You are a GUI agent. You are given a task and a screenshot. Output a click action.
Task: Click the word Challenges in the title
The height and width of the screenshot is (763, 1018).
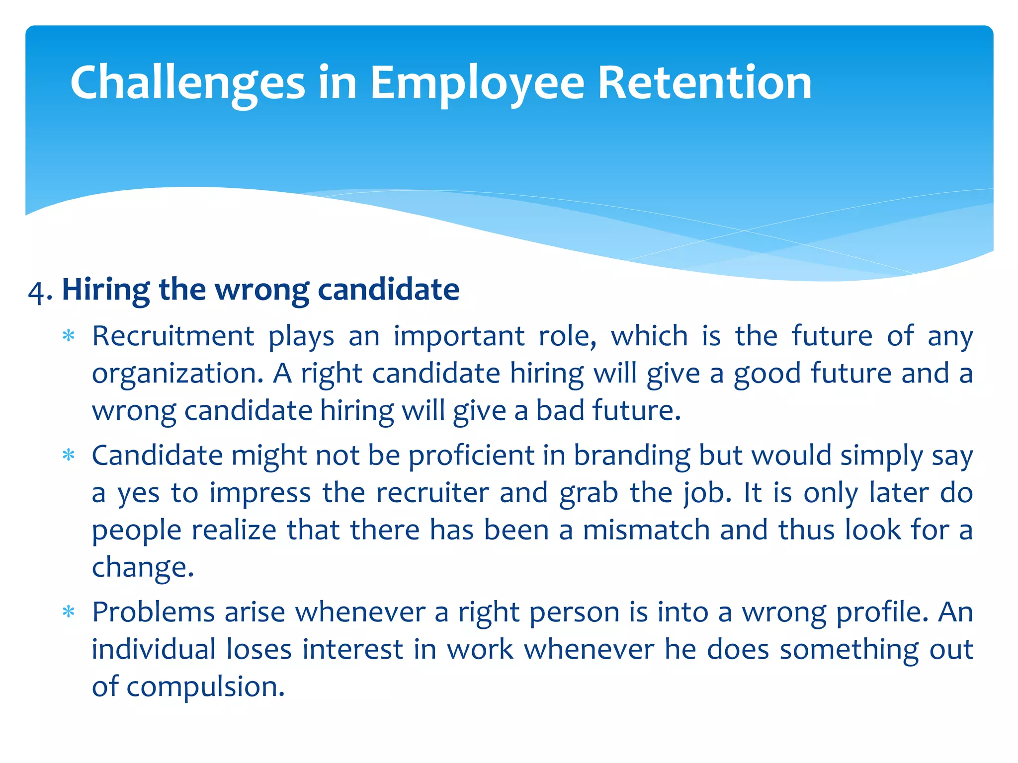click(x=187, y=83)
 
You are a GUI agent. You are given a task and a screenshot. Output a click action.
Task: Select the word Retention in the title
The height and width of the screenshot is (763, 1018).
click(x=704, y=83)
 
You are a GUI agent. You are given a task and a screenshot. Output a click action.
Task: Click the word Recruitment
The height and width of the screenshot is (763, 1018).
click(x=173, y=336)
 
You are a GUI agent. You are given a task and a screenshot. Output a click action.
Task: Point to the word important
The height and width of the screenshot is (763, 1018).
click(x=459, y=336)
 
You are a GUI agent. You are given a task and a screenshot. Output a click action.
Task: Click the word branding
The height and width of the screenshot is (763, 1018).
click(x=632, y=456)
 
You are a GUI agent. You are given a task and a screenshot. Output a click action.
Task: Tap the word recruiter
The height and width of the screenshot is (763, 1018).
click(x=432, y=493)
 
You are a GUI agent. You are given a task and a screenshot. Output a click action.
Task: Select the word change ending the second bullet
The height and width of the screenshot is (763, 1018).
click(x=142, y=567)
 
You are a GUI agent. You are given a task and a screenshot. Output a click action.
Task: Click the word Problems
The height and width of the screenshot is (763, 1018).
click(x=153, y=612)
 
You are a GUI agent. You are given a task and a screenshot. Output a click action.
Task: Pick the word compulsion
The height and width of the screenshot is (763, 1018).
click(x=205, y=687)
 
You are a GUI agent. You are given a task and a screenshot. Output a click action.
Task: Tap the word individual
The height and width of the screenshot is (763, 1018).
click(x=154, y=649)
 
